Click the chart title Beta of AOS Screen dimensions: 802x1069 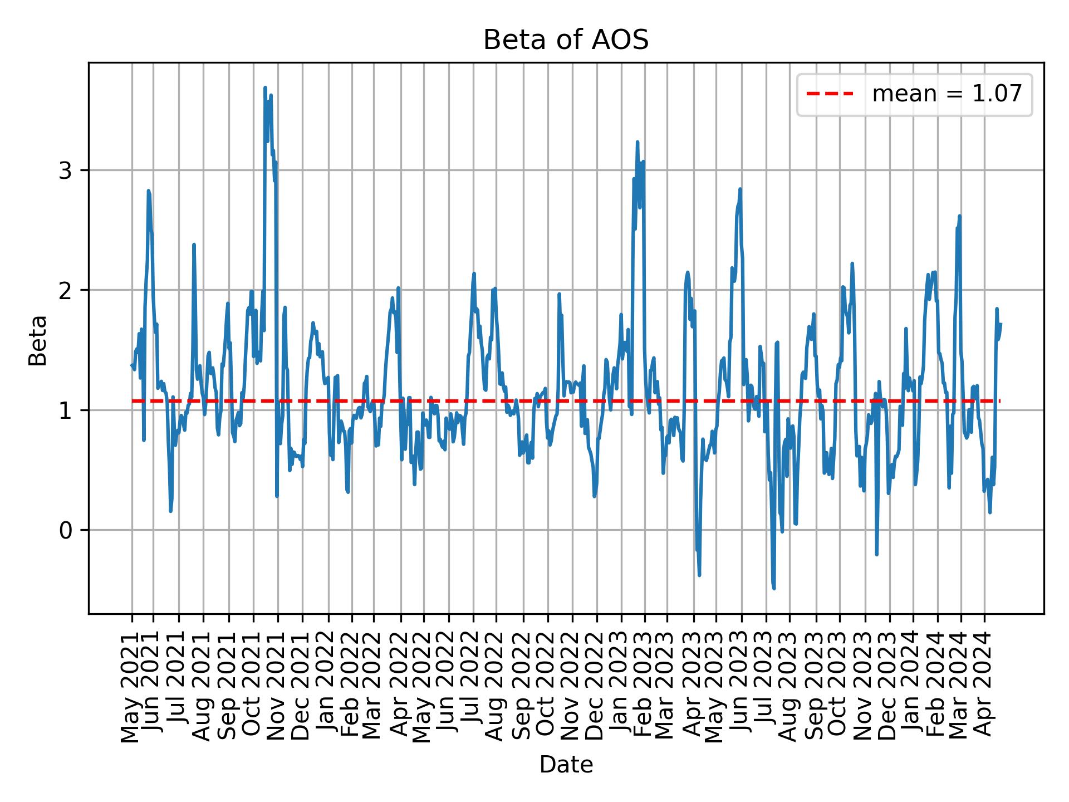(x=566, y=40)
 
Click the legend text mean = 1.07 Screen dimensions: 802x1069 (x=947, y=94)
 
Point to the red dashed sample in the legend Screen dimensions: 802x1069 (x=830, y=94)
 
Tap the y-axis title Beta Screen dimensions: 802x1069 (x=38, y=340)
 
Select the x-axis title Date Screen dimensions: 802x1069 (x=566, y=765)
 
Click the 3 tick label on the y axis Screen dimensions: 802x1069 (x=65, y=170)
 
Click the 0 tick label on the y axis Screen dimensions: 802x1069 (x=65, y=530)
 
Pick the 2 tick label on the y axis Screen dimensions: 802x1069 (x=65, y=290)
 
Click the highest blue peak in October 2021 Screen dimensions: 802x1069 (x=265, y=87)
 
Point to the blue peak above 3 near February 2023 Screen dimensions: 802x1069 (x=637, y=142)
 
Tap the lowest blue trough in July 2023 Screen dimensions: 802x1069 (x=774, y=588)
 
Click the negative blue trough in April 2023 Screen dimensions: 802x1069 (x=699, y=575)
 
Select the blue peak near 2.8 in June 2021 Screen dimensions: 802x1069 (x=148, y=190)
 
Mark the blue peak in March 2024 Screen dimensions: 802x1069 (x=959, y=216)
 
